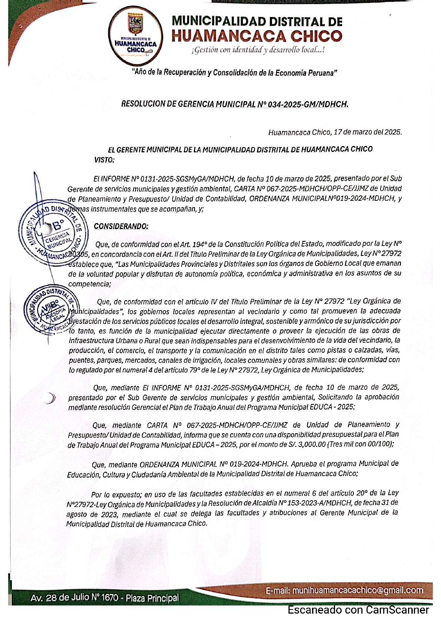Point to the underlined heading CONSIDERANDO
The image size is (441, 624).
coord(121,226)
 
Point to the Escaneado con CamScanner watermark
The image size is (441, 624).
coord(358,610)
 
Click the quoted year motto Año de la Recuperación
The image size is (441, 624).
coord(235,73)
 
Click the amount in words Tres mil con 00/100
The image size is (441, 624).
coord(359,444)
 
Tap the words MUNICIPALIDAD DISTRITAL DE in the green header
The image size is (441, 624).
coord(257,21)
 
